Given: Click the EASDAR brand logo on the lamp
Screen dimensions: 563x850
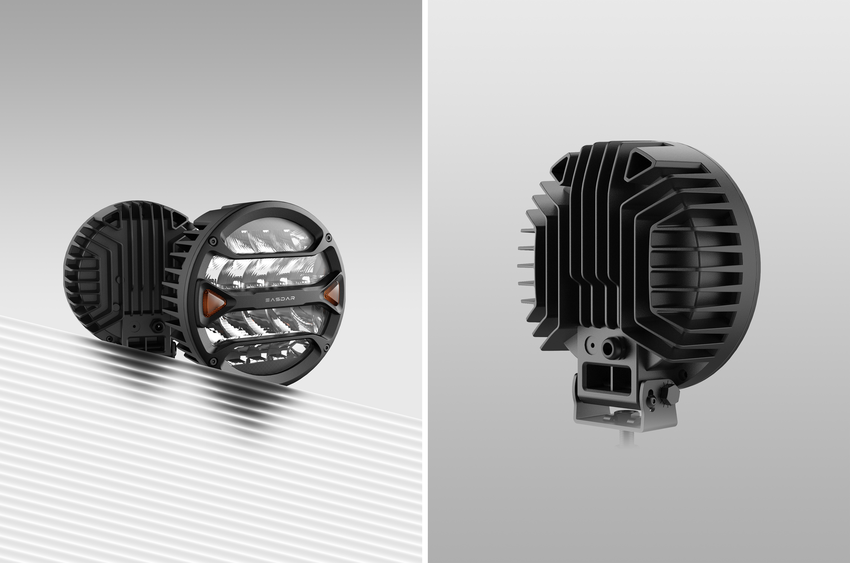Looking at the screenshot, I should (x=280, y=299).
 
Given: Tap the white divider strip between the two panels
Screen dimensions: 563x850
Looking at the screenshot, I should (x=425, y=281).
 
